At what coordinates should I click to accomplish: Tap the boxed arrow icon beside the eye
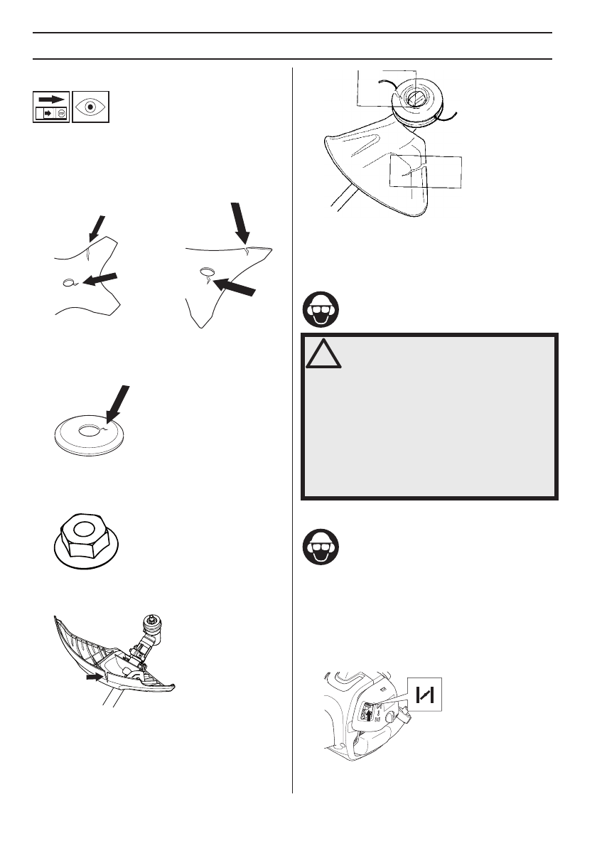50,106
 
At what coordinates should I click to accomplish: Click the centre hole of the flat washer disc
90,430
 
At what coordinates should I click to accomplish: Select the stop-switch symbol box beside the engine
425,693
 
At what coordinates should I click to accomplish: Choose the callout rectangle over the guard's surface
426,171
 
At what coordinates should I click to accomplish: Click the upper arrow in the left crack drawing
97,227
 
